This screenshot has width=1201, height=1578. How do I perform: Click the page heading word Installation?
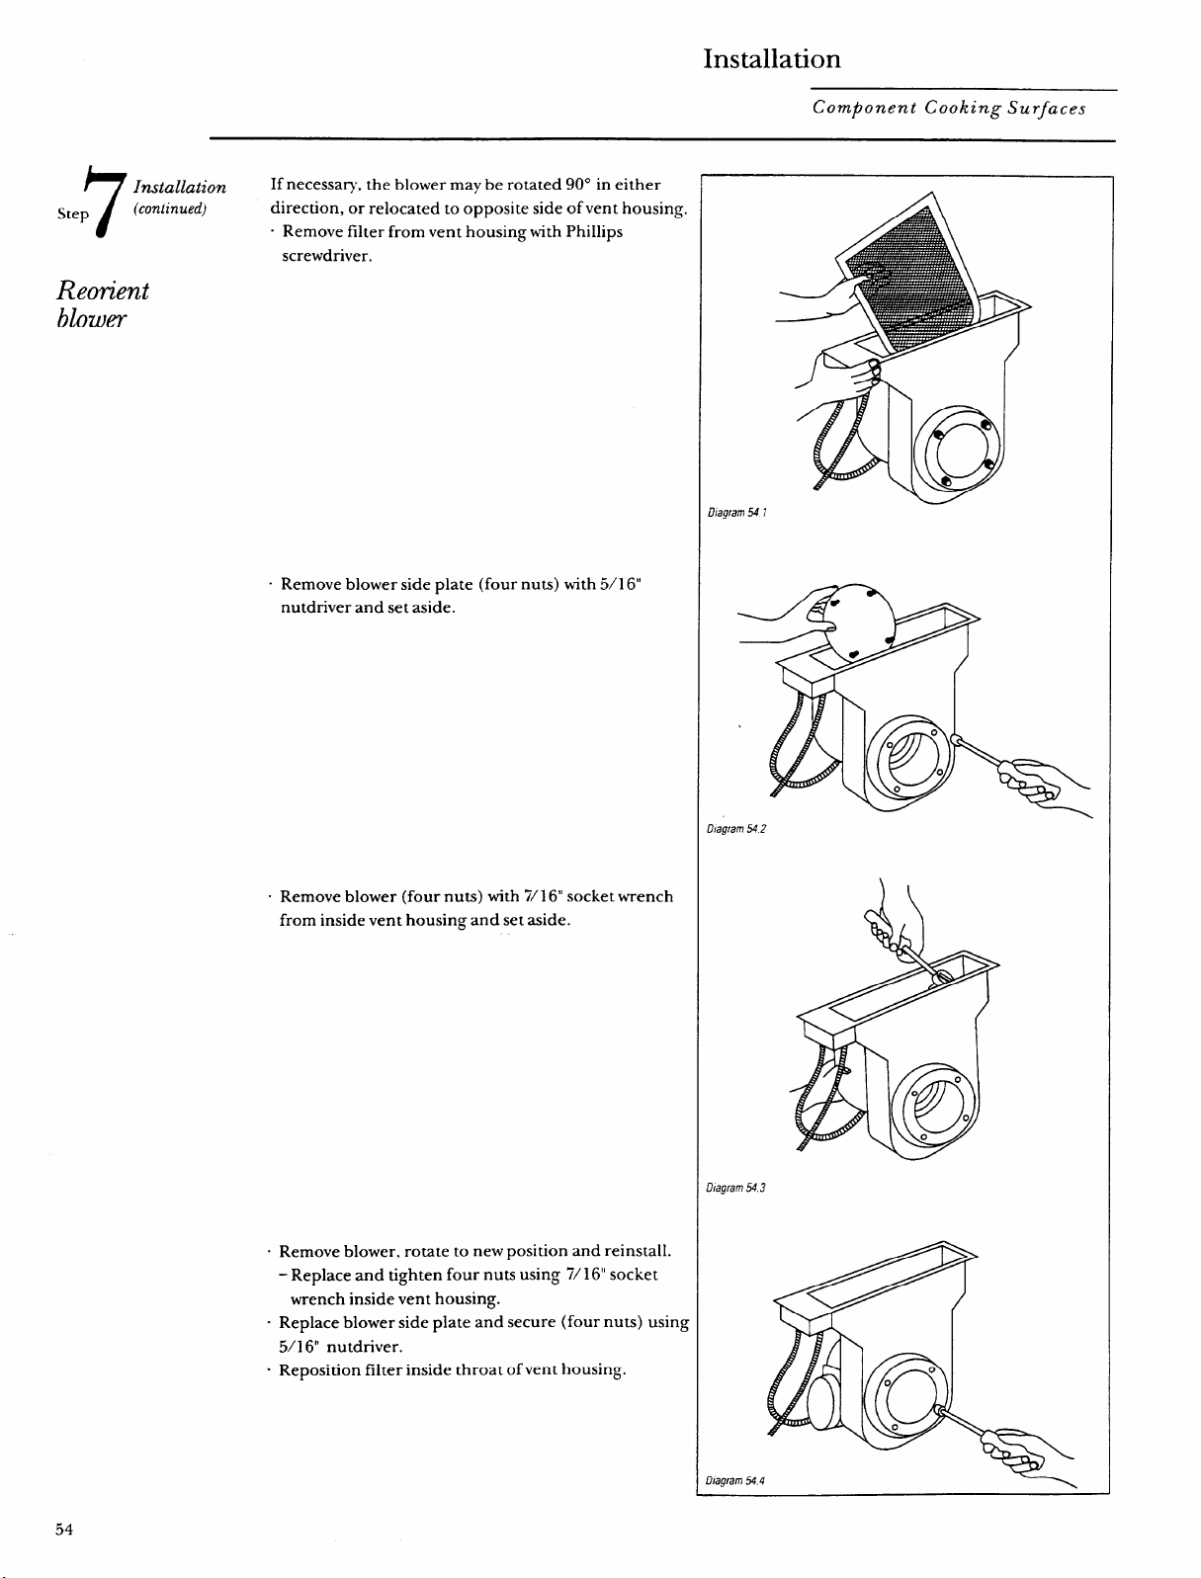772,59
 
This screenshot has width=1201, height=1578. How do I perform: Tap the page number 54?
64,1530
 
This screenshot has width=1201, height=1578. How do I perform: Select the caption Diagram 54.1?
737,513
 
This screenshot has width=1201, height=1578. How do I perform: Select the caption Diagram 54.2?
736,829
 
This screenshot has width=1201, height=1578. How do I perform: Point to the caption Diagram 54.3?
735,1188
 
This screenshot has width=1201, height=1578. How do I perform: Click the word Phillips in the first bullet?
594,232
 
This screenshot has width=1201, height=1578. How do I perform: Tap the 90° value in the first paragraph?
577,184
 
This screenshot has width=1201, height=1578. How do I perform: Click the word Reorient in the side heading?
103,291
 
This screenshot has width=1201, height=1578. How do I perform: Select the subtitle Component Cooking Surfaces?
949,108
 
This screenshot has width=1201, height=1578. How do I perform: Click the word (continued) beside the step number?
170,209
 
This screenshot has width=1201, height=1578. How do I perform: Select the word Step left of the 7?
72,213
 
